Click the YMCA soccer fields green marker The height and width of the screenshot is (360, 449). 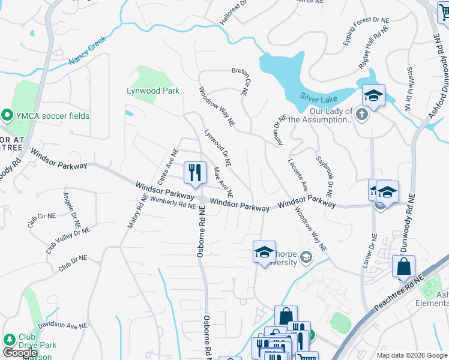click(x=7, y=115)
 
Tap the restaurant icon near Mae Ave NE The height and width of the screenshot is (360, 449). click(x=194, y=173)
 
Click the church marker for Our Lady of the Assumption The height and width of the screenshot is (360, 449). click(x=361, y=114)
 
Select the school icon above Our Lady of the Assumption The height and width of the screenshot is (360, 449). click(x=373, y=96)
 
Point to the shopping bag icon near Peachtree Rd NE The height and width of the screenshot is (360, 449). click(x=404, y=267)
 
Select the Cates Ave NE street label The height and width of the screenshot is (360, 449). click(x=168, y=167)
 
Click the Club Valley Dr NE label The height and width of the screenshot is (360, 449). click(x=68, y=239)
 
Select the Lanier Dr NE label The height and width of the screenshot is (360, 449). click(x=374, y=251)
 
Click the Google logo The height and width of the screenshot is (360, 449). click(x=20, y=353)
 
